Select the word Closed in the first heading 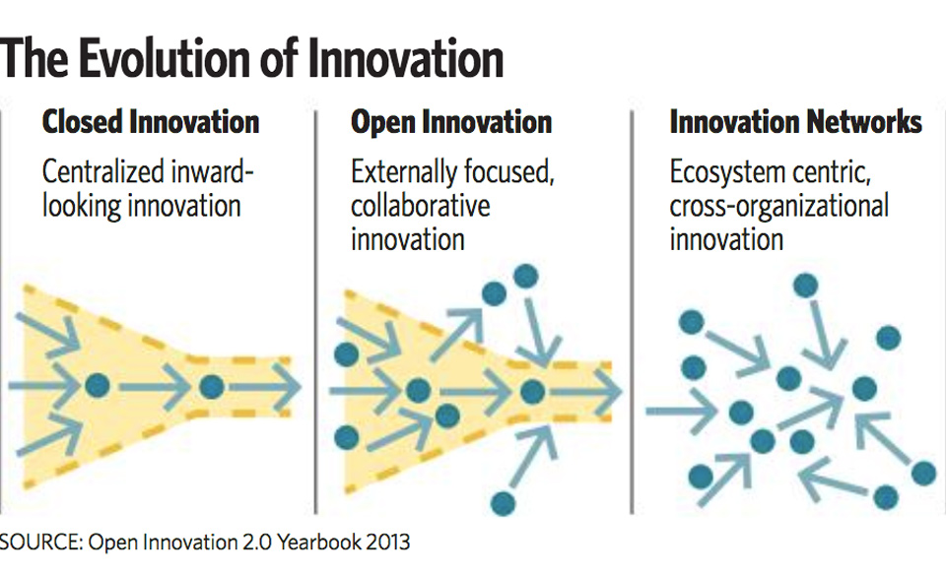coord(83,122)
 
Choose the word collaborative coord(420,206)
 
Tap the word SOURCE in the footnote coord(41,543)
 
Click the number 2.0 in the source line coord(256,543)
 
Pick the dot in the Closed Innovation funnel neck coord(211,386)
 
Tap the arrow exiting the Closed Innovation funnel coord(263,387)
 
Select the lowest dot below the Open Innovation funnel coord(504,502)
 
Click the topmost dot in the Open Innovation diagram coord(525,277)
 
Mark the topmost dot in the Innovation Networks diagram coord(805,285)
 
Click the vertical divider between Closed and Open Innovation coord(315,312)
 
